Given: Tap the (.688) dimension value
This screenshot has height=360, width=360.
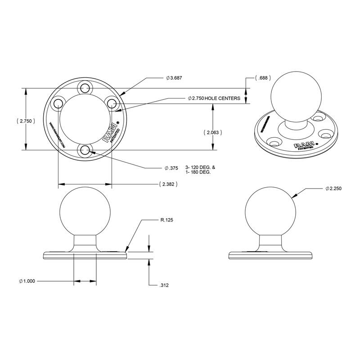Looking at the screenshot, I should pos(262,78).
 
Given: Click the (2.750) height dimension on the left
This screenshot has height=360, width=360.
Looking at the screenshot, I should pos(25,121).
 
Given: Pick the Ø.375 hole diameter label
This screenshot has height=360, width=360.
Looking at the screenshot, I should pos(171,168).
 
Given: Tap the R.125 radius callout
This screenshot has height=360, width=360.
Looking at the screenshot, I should pos(166,220).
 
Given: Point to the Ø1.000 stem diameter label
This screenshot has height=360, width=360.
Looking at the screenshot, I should pos(27,281).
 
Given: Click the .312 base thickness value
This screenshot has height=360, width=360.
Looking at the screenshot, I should pos(164,285).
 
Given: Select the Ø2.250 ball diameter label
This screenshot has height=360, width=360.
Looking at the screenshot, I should pos(333,189).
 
